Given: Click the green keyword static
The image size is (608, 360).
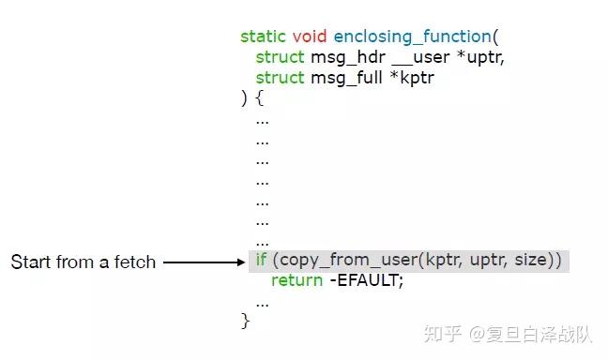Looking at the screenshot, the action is [264, 37].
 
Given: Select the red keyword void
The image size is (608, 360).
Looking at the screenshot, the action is [310, 37].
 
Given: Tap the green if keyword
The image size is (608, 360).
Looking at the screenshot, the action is [262, 260].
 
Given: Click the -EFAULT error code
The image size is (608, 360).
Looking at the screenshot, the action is [366, 280].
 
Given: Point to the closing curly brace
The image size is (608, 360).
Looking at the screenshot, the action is [246, 322].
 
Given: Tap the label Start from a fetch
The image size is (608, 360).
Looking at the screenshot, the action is [83, 262].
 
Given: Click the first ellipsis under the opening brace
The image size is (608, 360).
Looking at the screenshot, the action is [262, 120].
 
